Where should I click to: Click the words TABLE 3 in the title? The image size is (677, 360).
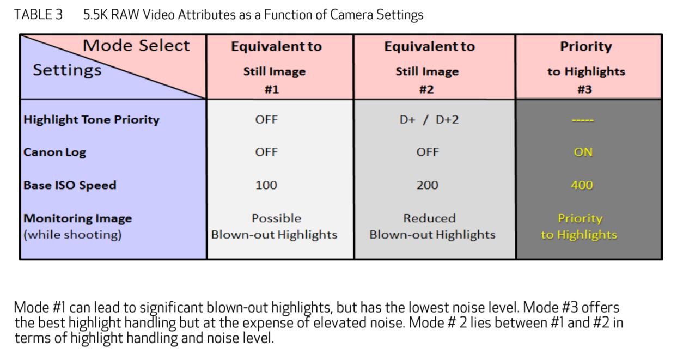(38, 15)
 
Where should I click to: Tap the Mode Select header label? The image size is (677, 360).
(136, 46)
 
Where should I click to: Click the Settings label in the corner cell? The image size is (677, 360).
(67, 70)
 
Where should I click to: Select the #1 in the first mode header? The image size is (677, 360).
(272, 89)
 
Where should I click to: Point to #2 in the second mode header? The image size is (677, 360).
(426, 89)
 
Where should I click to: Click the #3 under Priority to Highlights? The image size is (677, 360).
(584, 89)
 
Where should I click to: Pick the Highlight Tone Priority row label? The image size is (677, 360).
(92, 120)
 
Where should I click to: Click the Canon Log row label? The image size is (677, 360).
(54, 152)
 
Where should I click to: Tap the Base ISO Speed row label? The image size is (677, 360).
(70, 185)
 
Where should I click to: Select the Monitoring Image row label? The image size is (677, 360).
(78, 218)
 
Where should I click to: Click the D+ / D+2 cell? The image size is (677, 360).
(429, 120)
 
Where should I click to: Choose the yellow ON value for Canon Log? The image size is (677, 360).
(583, 152)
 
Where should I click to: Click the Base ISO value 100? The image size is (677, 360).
(266, 185)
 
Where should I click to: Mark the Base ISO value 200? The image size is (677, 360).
(427, 185)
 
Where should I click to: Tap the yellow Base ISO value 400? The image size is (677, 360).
(582, 185)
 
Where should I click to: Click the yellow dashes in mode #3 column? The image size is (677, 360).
(583, 120)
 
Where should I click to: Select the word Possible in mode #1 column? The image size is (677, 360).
(276, 218)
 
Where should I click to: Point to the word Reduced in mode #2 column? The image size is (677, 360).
(429, 218)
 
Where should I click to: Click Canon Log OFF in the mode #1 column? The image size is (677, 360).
(266, 152)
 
